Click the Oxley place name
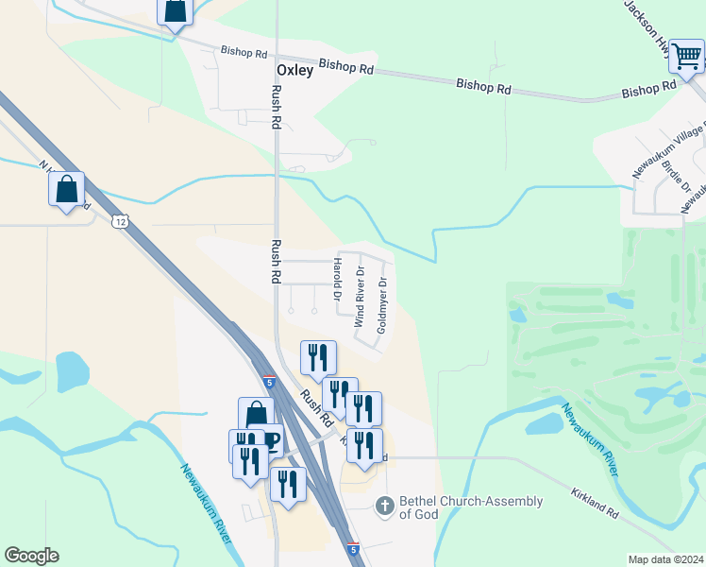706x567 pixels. pos(294,71)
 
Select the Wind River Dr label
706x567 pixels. pos(359,297)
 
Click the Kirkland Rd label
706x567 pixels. pos(594,503)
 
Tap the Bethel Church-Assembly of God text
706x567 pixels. pos(471,507)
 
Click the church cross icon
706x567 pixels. pos(384,507)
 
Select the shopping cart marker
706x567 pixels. pos(686,56)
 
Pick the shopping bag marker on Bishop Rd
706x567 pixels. pos(176,11)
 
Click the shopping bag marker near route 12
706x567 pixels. pos(67,189)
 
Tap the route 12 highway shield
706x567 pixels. pos(118,221)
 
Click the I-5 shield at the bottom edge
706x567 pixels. pos(353,548)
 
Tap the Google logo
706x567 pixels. pos(31,556)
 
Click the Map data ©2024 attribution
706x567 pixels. pos(665,559)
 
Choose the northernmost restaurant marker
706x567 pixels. pos(318,357)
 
